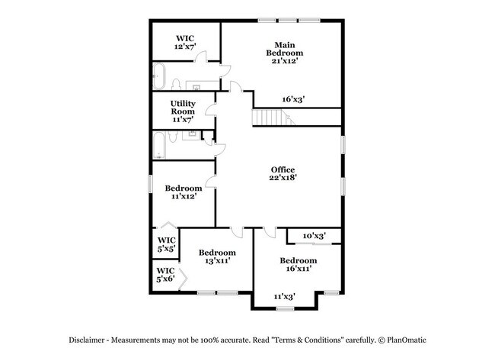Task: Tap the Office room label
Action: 283,169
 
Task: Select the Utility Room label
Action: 183,108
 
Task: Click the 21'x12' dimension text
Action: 284,62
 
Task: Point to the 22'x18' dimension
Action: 283,178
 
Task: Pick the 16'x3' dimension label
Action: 293,98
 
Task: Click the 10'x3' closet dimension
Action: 314,236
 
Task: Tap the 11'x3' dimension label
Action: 284,295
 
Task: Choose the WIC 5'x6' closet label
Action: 165,275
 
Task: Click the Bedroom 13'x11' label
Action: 216,256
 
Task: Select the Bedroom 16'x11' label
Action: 298,264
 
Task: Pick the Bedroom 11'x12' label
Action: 184,192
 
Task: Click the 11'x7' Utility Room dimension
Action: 183,120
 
